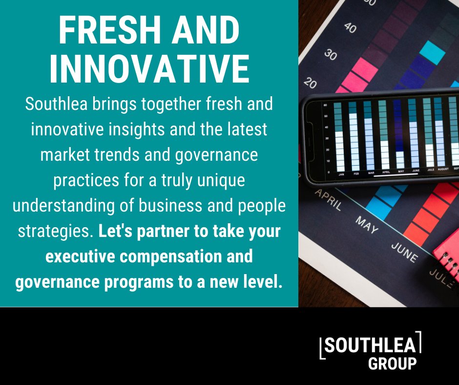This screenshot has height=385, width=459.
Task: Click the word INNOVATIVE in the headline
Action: tap(149, 69)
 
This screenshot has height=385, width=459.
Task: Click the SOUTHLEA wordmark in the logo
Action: tap(370, 345)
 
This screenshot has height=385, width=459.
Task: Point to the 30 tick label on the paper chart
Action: tap(330, 55)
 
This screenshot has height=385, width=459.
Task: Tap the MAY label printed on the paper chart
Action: tap(366, 225)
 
